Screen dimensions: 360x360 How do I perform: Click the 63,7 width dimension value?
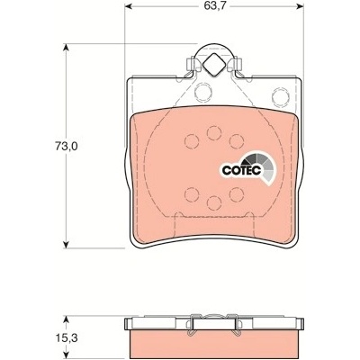click(x=215, y=6)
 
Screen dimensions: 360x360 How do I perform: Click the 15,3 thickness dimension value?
click(x=67, y=338)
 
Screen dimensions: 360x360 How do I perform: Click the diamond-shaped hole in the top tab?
click(x=213, y=64)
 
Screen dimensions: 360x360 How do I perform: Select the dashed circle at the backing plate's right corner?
click(x=281, y=96)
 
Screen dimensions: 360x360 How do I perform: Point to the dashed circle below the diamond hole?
click(x=202, y=93)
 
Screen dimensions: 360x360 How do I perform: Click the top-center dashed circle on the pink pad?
click(x=214, y=133)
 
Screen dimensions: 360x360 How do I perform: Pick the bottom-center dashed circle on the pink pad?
click(x=214, y=202)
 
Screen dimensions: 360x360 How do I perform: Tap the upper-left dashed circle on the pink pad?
click(x=192, y=141)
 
